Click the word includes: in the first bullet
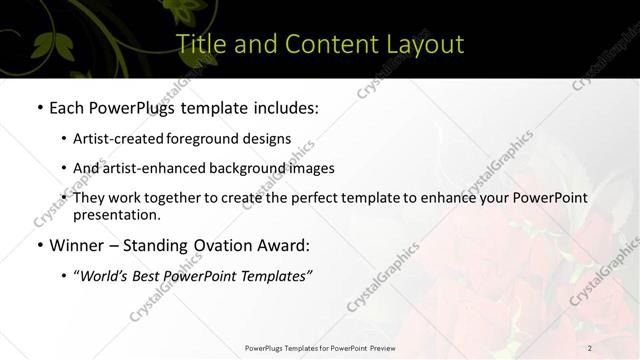(x=283, y=107)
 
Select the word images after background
(x=311, y=168)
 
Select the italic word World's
(x=104, y=276)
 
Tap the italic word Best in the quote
(x=147, y=276)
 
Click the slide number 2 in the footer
(x=590, y=348)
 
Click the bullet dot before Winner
(x=39, y=245)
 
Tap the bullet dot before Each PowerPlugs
(x=39, y=107)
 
